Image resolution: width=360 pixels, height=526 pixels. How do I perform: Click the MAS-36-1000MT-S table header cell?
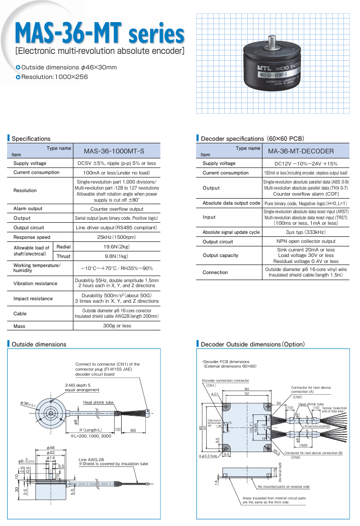tap(116, 151)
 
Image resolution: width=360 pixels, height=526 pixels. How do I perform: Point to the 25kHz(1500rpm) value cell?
tap(116, 237)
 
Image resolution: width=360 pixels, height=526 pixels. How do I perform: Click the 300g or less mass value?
tap(116, 326)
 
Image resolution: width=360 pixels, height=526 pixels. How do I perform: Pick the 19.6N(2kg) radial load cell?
tap(116, 247)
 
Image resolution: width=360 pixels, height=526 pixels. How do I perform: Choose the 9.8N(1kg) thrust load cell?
tap(116, 256)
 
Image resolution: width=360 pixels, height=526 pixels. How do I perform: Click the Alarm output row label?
tap(28, 209)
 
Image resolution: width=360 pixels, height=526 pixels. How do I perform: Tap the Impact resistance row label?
tap(33, 299)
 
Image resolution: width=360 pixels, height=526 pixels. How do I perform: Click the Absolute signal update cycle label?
tap(231, 232)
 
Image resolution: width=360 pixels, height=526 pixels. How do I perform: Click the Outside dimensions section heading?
tap(39, 344)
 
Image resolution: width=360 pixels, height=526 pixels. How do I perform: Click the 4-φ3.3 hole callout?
tap(210, 456)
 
